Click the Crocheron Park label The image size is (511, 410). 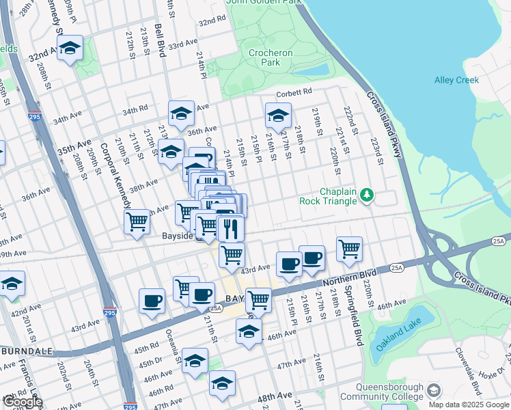(271, 57)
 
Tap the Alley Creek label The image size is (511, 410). (456, 80)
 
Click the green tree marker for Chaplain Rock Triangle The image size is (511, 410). (368, 196)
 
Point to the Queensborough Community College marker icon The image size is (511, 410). (433, 391)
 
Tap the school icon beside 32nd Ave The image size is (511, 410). (70, 49)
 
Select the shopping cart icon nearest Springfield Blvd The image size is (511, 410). (349, 249)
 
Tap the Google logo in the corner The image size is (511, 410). (23, 401)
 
